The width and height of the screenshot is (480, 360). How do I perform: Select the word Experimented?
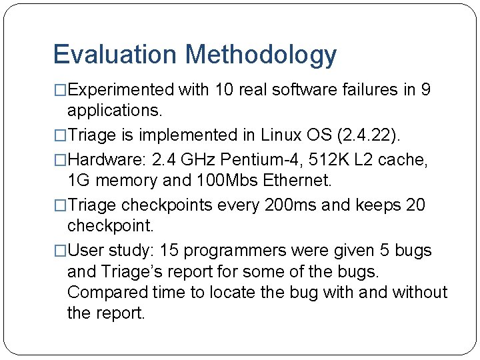[x=121, y=89]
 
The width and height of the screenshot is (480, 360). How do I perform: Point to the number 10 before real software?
[x=227, y=89]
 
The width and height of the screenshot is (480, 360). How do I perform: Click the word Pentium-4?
[x=257, y=160]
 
